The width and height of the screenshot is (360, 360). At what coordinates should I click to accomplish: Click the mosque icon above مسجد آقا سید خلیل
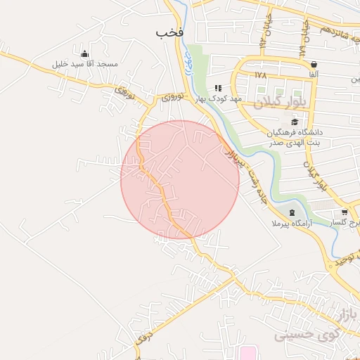tap(85, 54)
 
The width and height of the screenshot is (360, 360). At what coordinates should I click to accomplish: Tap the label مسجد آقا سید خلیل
tap(84, 64)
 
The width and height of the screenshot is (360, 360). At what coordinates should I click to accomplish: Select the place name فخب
tap(170, 32)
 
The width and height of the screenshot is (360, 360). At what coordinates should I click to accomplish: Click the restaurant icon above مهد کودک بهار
tap(218, 88)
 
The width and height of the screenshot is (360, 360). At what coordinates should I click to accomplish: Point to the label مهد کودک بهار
tap(219, 98)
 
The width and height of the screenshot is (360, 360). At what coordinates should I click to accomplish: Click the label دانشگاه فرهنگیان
tap(295, 132)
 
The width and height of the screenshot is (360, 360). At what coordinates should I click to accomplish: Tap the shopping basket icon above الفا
tap(314, 64)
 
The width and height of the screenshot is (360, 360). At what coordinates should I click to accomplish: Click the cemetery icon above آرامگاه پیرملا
tap(292, 212)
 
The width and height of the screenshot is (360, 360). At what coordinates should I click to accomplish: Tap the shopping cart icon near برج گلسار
tap(344, 212)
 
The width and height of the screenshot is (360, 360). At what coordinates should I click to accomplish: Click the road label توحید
tap(349, 261)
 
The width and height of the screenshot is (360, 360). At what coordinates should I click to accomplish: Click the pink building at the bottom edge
tap(247, 352)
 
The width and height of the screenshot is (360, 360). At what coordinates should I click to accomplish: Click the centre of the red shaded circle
tap(180, 179)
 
